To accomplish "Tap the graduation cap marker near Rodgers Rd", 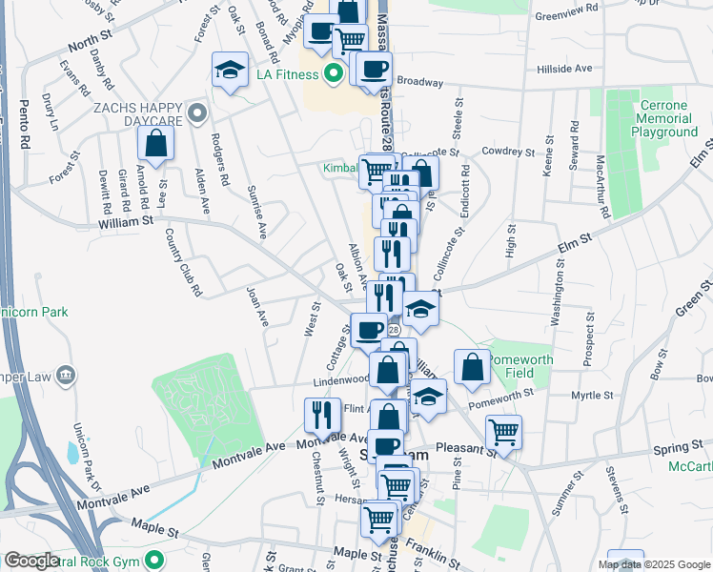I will coord(229,71).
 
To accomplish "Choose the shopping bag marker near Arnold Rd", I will coord(155,144).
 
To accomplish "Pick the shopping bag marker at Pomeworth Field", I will coord(473,367).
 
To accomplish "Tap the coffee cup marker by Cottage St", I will coord(369,331).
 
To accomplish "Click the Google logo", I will coord(31,562).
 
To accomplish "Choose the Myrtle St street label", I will coord(592,395).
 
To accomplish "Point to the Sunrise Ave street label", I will coord(255,211).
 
